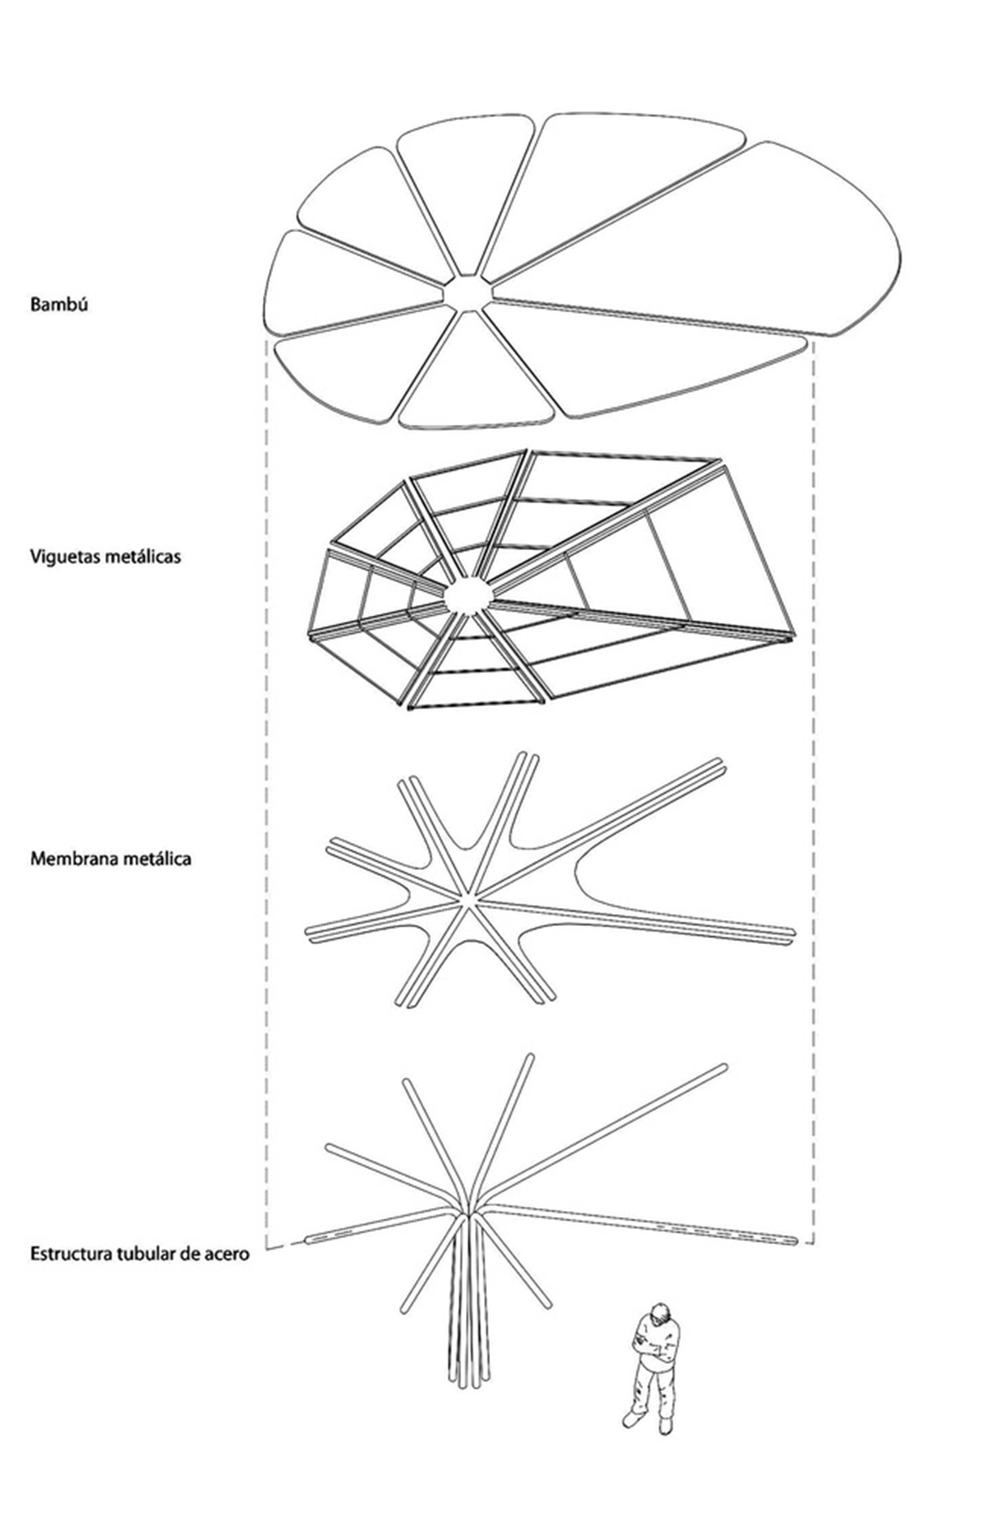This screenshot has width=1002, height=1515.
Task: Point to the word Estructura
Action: (68, 1253)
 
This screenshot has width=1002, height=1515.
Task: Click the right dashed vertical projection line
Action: (813, 793)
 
